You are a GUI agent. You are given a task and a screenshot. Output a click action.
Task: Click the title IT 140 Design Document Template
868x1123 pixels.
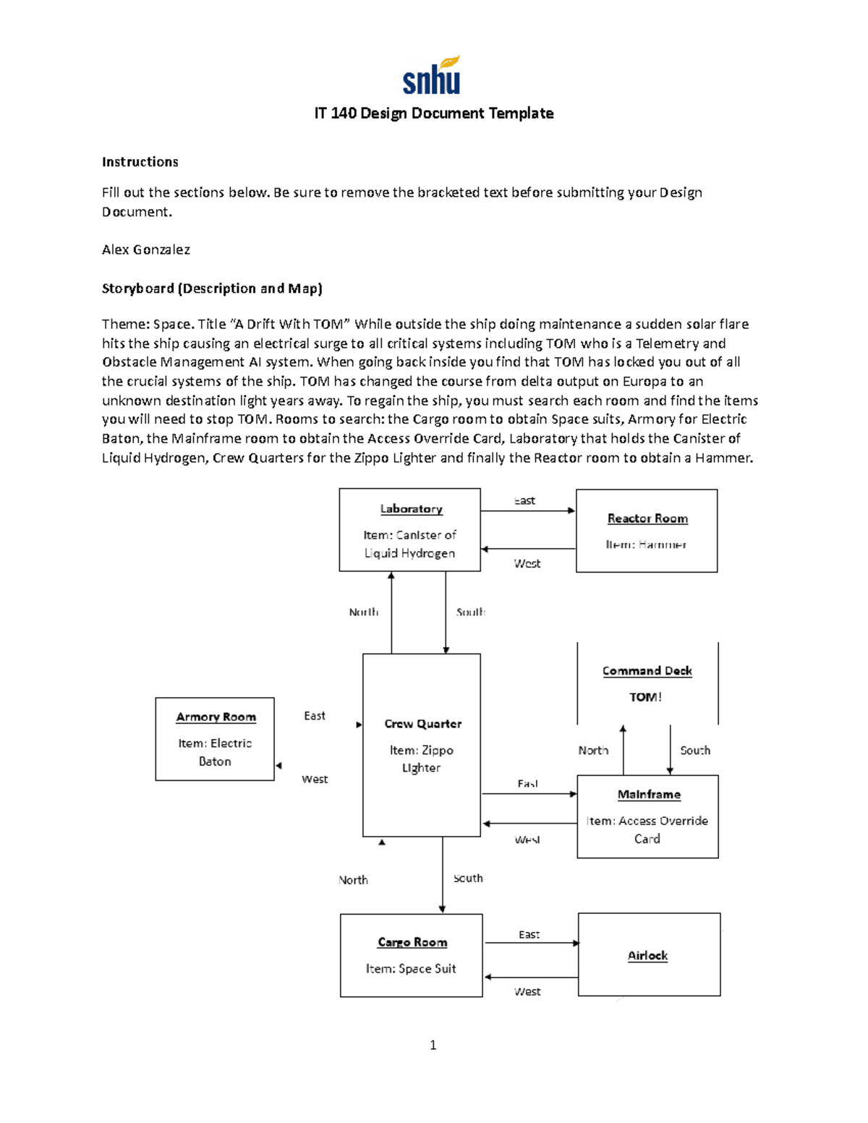(433, 114)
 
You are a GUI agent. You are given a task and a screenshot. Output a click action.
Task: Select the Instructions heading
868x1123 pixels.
(140, 162)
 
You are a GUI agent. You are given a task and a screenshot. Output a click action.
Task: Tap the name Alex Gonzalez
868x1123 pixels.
(145, 249)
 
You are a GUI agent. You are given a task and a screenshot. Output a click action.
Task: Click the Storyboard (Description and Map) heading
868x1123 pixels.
(212, 289)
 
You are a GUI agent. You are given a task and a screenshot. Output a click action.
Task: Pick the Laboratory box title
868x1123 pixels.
(411, 509)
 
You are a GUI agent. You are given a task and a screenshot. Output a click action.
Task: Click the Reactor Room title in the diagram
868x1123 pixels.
(647, 518)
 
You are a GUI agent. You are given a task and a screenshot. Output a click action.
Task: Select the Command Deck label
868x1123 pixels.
(647, 671)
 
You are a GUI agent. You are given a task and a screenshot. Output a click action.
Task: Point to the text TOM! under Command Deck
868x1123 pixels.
(645, 697)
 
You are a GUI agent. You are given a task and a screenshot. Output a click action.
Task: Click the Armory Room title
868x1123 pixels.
(216, 717)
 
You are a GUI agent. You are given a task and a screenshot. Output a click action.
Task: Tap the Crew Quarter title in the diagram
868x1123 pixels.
(422, 724)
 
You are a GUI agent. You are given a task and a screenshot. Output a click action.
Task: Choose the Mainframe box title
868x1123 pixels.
(649, 795)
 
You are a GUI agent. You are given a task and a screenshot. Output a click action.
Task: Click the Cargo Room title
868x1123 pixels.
(412, 942)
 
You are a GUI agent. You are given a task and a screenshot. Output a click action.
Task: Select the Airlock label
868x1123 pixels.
(647, 955)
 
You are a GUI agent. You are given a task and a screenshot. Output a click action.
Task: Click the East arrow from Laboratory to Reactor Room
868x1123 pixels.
(528, 511)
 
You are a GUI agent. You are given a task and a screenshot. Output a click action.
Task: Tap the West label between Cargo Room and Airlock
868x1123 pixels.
(527, 991)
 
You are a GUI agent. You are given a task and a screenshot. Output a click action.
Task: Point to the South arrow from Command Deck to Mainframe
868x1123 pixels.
(670, 750)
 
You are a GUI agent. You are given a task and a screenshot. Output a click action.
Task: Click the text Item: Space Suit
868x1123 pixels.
(411, 968)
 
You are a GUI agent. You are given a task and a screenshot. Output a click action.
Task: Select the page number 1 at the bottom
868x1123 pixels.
(433, 1045)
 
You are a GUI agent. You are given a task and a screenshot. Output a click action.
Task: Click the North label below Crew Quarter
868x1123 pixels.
(353, 880)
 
